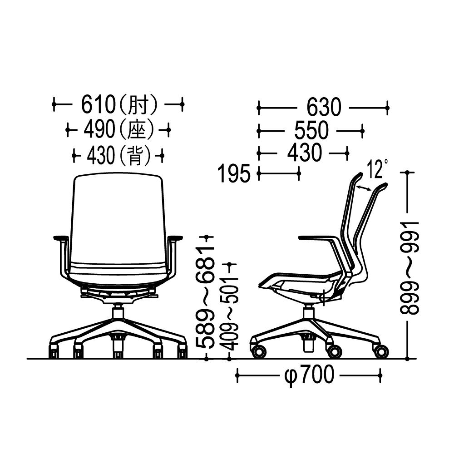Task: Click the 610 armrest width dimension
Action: [x=99, y=104]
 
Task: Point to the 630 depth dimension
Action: [x=324, y=108]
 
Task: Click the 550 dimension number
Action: [x=311, y=131]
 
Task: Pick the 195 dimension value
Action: [x=234, y=174]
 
